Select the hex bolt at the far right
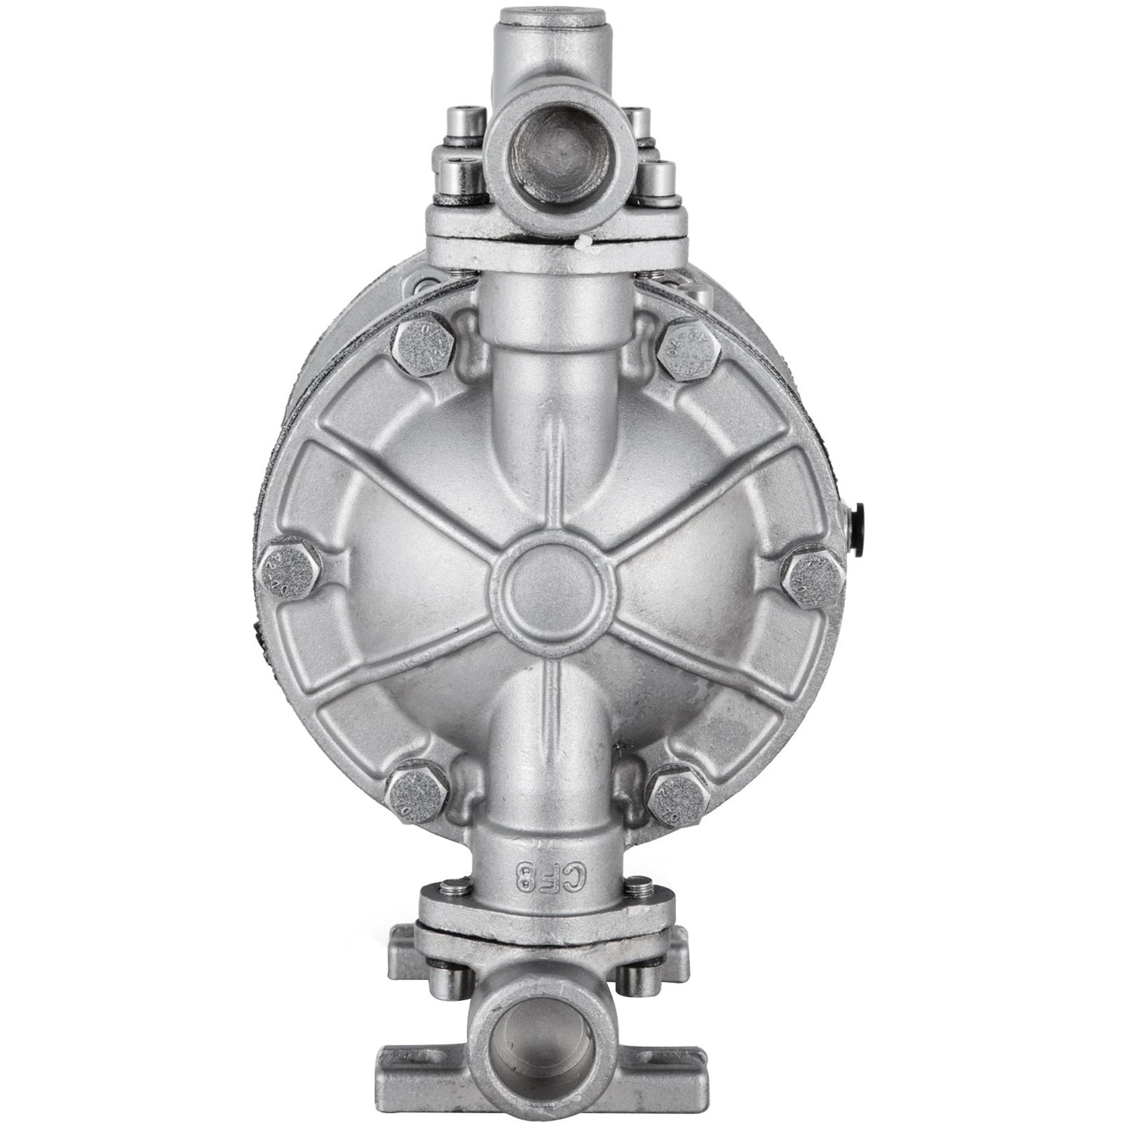(x=814, y=575)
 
